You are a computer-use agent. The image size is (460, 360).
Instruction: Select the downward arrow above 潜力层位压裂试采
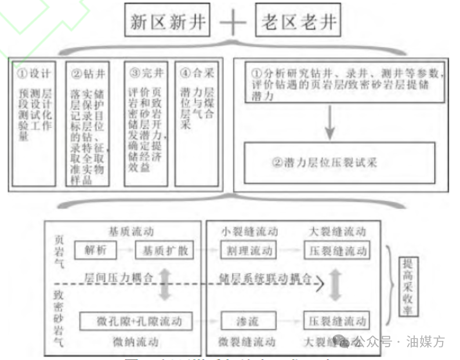pos(330,123)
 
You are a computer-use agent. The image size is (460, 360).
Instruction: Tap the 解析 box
pos(96,251)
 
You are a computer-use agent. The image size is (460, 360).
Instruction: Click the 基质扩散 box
pos(164,251)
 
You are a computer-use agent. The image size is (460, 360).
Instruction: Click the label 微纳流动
pos(132,341)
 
